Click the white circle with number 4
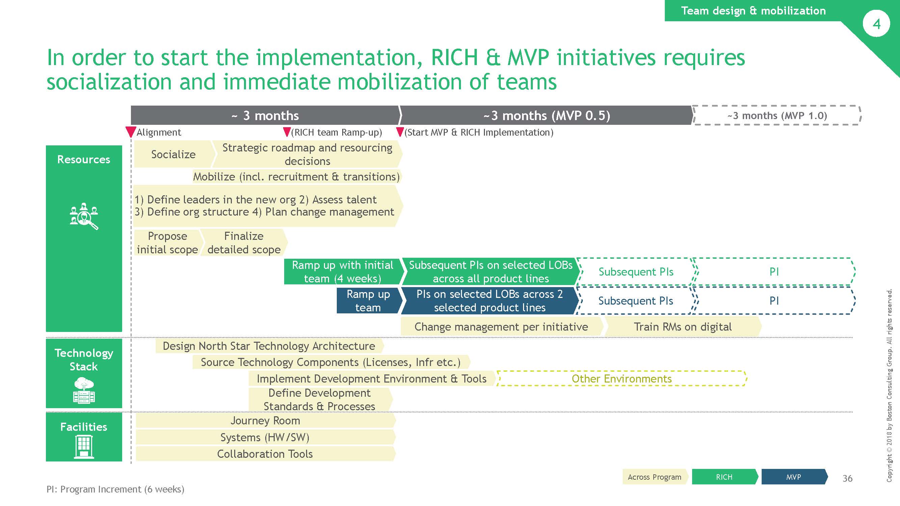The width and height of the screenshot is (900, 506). point(876,24)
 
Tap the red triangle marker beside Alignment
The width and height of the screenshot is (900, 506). point(131,132)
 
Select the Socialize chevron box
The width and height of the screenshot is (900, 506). point(174,154)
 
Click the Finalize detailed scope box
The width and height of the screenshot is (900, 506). point(244,243)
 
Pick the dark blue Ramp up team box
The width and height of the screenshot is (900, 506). point(369,300)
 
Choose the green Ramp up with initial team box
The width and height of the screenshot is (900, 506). point(344,271)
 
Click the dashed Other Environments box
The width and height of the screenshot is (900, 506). point(621,378)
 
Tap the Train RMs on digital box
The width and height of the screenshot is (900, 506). point(683,327)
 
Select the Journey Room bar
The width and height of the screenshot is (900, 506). point(266,420)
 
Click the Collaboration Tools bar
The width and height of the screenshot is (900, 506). point(266,454)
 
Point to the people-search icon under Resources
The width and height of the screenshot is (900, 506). point(84,216)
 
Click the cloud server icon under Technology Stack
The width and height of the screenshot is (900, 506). point(84,390)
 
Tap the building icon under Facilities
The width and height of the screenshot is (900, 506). point(84,447)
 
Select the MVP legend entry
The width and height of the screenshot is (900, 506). point(794,477)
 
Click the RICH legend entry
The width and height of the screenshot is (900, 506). point(725,477)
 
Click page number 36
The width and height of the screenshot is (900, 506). point(847,478)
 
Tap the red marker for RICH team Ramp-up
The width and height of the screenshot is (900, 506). point(287,132)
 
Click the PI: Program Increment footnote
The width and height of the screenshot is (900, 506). point(115,489)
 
